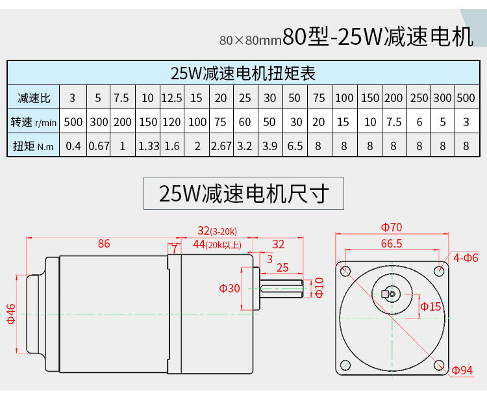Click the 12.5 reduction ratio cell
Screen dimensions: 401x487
[x=171, y=98]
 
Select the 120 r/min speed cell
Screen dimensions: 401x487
[x=171, y=122]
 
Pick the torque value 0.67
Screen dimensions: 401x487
[x=98, y=146]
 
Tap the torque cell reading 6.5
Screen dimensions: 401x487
[x=295, y=146]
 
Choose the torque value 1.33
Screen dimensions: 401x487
[x=148, y=146]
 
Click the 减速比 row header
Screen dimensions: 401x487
[x=33, y=98]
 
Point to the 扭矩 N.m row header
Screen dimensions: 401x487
[x=33, y=146]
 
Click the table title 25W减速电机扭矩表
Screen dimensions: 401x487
[x=243, y=72]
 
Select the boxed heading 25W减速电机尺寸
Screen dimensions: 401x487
[x=243, y=194]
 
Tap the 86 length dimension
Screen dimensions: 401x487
[x=104, y=244]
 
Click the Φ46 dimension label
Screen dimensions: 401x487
[x=11, y=312]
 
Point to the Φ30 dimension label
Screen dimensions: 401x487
[x=230, y=289]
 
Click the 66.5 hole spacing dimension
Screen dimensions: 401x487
[x=392, y=244]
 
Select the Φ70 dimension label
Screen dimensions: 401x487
[x=392, y=227]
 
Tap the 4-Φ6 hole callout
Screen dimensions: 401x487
[x=466, y=258]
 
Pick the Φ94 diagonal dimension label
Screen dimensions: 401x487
[x=462, y=370]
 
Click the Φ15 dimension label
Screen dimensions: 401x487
[x=431, y=306]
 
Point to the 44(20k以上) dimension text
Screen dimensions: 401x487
[x=217, y=244]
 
